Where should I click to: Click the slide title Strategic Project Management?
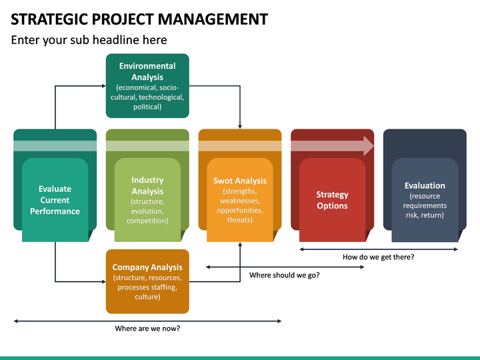[139, 19]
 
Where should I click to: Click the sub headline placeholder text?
[89, 40]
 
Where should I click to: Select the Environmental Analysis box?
[147, 86]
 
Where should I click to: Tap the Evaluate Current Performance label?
[55, 200]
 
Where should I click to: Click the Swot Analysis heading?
[239, 181]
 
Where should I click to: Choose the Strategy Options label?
[332, 200]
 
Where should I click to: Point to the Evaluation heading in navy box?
[425, 185]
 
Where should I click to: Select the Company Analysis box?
[147, 281]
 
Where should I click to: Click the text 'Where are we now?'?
[147, 328]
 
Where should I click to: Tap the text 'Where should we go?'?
[284, 275]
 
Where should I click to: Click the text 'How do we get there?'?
[378, 257]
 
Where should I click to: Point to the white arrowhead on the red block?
[367, 146]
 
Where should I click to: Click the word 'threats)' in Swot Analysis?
[239, 220]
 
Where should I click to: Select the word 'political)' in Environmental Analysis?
[147, 107]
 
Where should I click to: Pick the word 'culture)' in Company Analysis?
[147, 297]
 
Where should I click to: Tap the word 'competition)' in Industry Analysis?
[147, 221]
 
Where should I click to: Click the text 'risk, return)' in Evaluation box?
[425, 215]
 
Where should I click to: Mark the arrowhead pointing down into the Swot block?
[239, 126]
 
